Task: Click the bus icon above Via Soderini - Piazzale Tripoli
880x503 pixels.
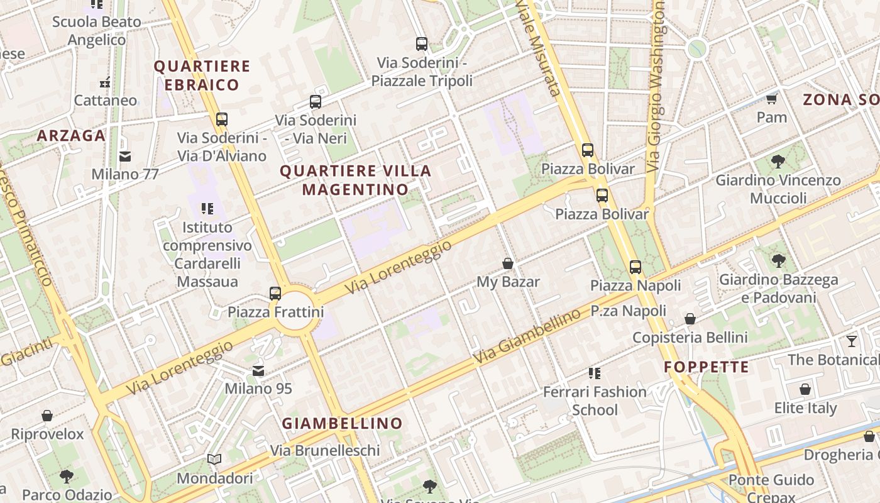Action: point(422,44)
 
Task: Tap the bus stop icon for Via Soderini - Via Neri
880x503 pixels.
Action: point(316,101)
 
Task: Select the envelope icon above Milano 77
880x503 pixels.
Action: point(125,156)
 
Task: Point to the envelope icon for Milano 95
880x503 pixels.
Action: point(258,371)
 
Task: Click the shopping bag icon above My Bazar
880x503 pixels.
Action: point(508,263)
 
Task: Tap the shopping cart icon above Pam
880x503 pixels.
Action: point(771,99)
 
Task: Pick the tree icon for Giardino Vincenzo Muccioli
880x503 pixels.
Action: point(778,162)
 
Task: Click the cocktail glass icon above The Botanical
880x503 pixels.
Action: point(851,341)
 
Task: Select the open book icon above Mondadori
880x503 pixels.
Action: point(214,460)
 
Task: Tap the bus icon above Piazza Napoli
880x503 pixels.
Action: point(635,267)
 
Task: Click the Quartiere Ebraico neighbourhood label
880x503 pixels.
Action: point(202,75)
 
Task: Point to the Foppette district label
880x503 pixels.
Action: point(707,367)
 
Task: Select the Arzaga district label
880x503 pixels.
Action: point(71,136)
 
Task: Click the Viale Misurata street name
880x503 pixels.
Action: point(538,47)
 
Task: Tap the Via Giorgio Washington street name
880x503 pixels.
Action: point(656,88)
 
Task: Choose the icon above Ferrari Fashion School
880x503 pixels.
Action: point(594,373)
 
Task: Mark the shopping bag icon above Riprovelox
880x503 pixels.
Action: point(47,416)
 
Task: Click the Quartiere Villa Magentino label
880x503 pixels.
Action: point(356,180)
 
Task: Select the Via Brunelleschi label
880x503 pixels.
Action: point(325,451)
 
